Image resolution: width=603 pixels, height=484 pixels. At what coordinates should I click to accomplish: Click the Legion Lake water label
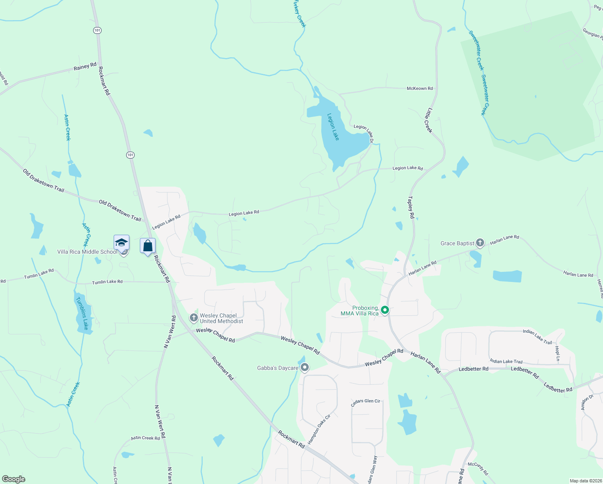point(333,127)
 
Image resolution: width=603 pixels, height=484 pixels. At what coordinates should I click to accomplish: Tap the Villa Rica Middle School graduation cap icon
point(121,243)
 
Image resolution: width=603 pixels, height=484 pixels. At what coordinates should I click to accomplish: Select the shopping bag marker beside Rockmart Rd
point(148,246)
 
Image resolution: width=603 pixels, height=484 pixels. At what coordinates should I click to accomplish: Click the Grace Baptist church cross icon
point(480,243)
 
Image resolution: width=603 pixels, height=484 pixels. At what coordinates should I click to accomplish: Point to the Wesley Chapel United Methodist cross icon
point(194,318)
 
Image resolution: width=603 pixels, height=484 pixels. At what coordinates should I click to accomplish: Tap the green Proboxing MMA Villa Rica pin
point(385,310)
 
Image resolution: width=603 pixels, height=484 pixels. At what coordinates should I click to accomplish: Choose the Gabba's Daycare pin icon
point(305,367)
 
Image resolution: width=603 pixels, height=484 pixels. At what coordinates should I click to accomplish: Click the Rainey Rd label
point(85,67)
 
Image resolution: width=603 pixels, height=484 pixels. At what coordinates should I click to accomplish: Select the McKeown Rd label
point(420,88)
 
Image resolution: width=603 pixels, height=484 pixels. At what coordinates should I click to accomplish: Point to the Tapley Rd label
point(411,207)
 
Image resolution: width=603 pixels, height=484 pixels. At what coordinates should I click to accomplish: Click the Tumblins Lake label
point(82,313)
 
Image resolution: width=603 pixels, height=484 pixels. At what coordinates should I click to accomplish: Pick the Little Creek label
point(428,120)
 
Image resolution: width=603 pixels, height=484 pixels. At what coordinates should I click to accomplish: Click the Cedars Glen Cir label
point(365,402)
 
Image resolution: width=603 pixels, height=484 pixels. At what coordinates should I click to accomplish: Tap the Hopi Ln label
point(557,353)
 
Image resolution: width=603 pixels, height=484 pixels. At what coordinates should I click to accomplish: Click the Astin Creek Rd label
point(145,438)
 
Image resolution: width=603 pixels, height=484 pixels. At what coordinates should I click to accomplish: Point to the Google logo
point(14,479)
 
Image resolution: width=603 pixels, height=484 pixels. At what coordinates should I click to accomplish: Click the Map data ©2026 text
point(584,481)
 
